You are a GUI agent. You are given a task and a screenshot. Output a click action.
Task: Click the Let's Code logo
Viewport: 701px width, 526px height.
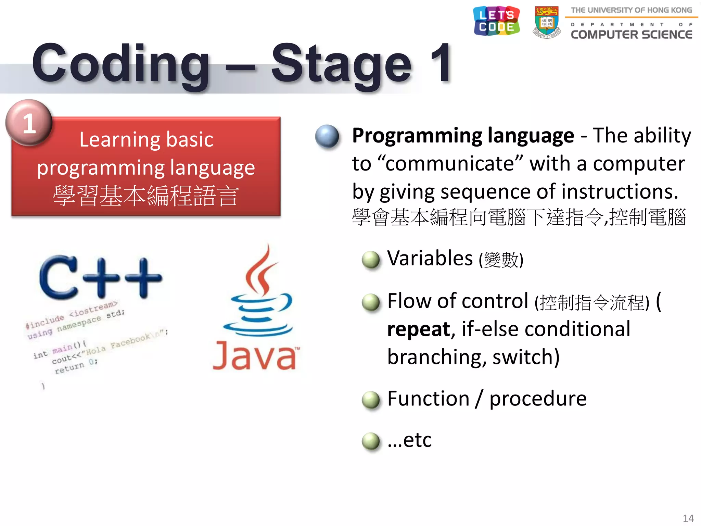pyautogui.click(x=496, y=21)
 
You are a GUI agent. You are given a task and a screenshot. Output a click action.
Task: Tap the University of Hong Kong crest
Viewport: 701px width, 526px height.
pyautogui.click(x=547, y=22)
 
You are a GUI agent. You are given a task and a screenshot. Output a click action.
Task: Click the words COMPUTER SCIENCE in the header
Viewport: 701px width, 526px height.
pyautogui.click(x=631, y=35)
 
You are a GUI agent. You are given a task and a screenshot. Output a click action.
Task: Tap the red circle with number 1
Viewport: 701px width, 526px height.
pyautogui.click(x=29, y=123)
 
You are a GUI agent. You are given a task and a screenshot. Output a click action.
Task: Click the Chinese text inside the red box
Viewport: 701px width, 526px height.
pyautogui.click(x=145, y=196)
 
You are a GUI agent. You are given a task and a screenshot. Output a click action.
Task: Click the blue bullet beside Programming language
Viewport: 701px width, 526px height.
pyautogui.click(x=327, y=136)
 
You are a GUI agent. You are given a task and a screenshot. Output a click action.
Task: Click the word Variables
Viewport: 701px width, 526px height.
pyautogui.click(x=430, y=258)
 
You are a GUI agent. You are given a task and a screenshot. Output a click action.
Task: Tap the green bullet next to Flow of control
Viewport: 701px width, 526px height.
pyautogui.click(x=371, y=302)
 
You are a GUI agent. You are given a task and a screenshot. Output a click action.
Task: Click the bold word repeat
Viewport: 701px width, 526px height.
pyautogui.click(x=418, y=329)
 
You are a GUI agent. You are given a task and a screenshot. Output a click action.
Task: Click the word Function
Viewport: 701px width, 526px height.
pyautogui.click(x=428, y=399)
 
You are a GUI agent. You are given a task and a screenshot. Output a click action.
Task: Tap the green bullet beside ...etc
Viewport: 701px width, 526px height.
pyautogui.click(x=371, y=441)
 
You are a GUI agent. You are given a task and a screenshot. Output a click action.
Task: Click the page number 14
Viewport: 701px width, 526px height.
pyautogui.click(x=688, y=518)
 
